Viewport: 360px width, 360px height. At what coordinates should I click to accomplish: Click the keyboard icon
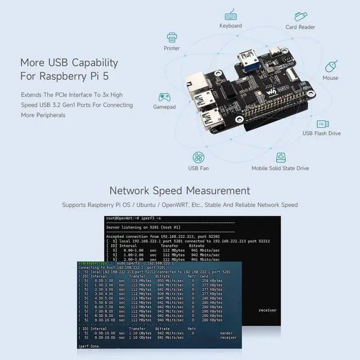231,15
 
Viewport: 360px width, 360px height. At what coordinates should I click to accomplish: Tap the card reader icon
300,16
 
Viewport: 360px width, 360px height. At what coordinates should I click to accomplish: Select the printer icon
172,38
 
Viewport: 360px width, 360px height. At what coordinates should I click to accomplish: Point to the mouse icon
331,65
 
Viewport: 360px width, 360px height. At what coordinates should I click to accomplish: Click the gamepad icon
164,97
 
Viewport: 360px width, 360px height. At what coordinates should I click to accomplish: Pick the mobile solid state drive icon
280,157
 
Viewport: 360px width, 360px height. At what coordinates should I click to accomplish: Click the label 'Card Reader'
300,27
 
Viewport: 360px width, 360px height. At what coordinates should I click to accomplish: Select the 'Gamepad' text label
164,107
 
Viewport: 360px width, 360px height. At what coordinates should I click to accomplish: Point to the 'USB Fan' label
198,168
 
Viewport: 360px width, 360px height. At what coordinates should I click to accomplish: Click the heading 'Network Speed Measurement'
179,191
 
